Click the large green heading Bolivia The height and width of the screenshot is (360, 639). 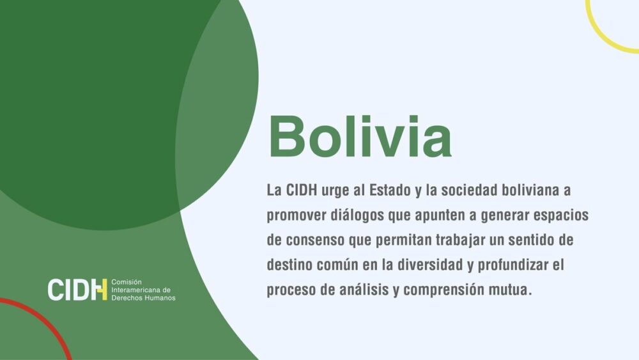[x=360, y=136]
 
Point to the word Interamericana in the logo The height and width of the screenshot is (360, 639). [x=141, y=290]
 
